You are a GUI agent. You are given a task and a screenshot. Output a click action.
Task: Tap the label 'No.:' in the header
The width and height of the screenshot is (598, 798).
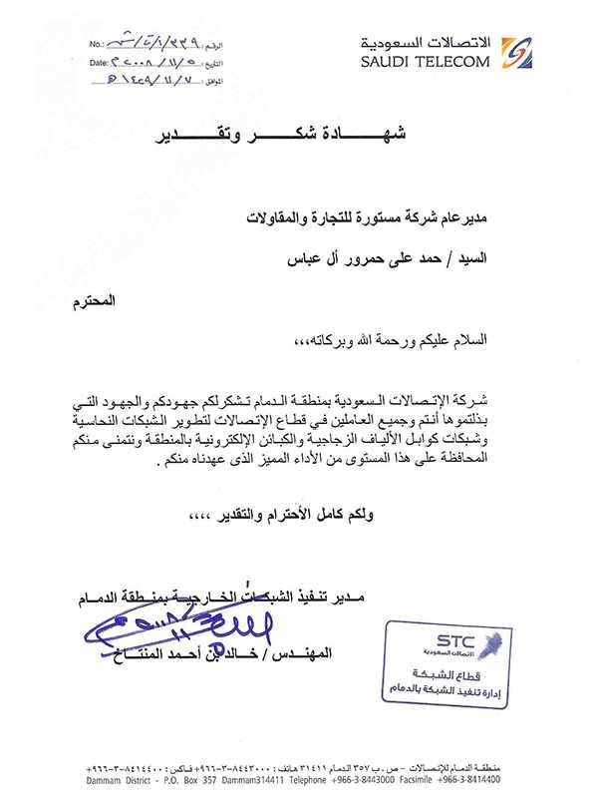pyautogui.click(x=96, y=45)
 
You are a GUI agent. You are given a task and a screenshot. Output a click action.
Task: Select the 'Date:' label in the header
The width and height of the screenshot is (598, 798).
pyautogui.click(x=98, y=61)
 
